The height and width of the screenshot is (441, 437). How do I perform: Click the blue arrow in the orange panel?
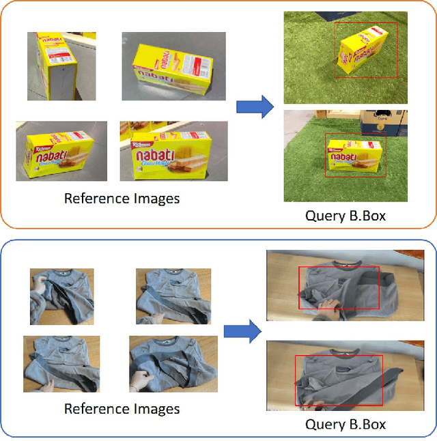(254, 106)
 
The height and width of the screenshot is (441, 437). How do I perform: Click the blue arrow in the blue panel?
(242, 332)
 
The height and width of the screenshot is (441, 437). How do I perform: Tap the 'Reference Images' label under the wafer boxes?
(122, 199)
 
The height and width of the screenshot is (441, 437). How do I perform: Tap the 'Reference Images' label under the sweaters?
(122, 409)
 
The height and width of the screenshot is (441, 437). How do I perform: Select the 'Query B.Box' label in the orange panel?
(345, 216)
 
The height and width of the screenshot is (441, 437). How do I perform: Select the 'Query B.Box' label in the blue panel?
(345, 425)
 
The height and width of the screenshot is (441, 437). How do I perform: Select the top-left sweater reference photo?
(61, 296)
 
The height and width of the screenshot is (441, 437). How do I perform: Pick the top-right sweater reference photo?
(167, 295)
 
